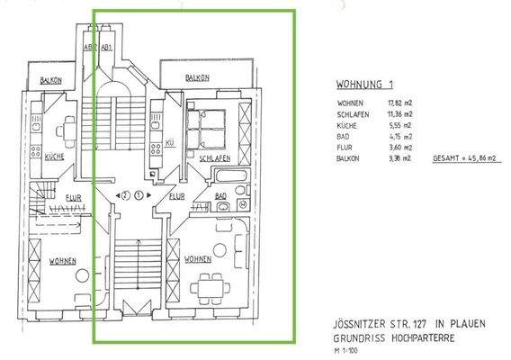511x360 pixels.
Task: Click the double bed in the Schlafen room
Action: tap(209, 128)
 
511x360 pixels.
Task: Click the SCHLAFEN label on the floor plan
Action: tap(206, 157)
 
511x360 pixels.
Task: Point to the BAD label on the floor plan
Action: tap(220, 195)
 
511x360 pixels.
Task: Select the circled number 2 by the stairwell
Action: tap(126, 194)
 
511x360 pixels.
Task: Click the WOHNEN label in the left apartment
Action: tap(61, 261)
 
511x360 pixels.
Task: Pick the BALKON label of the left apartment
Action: tap(50, 80)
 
